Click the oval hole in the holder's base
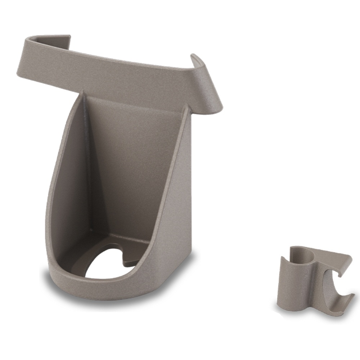pyautogui.click(x=108, y=265)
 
